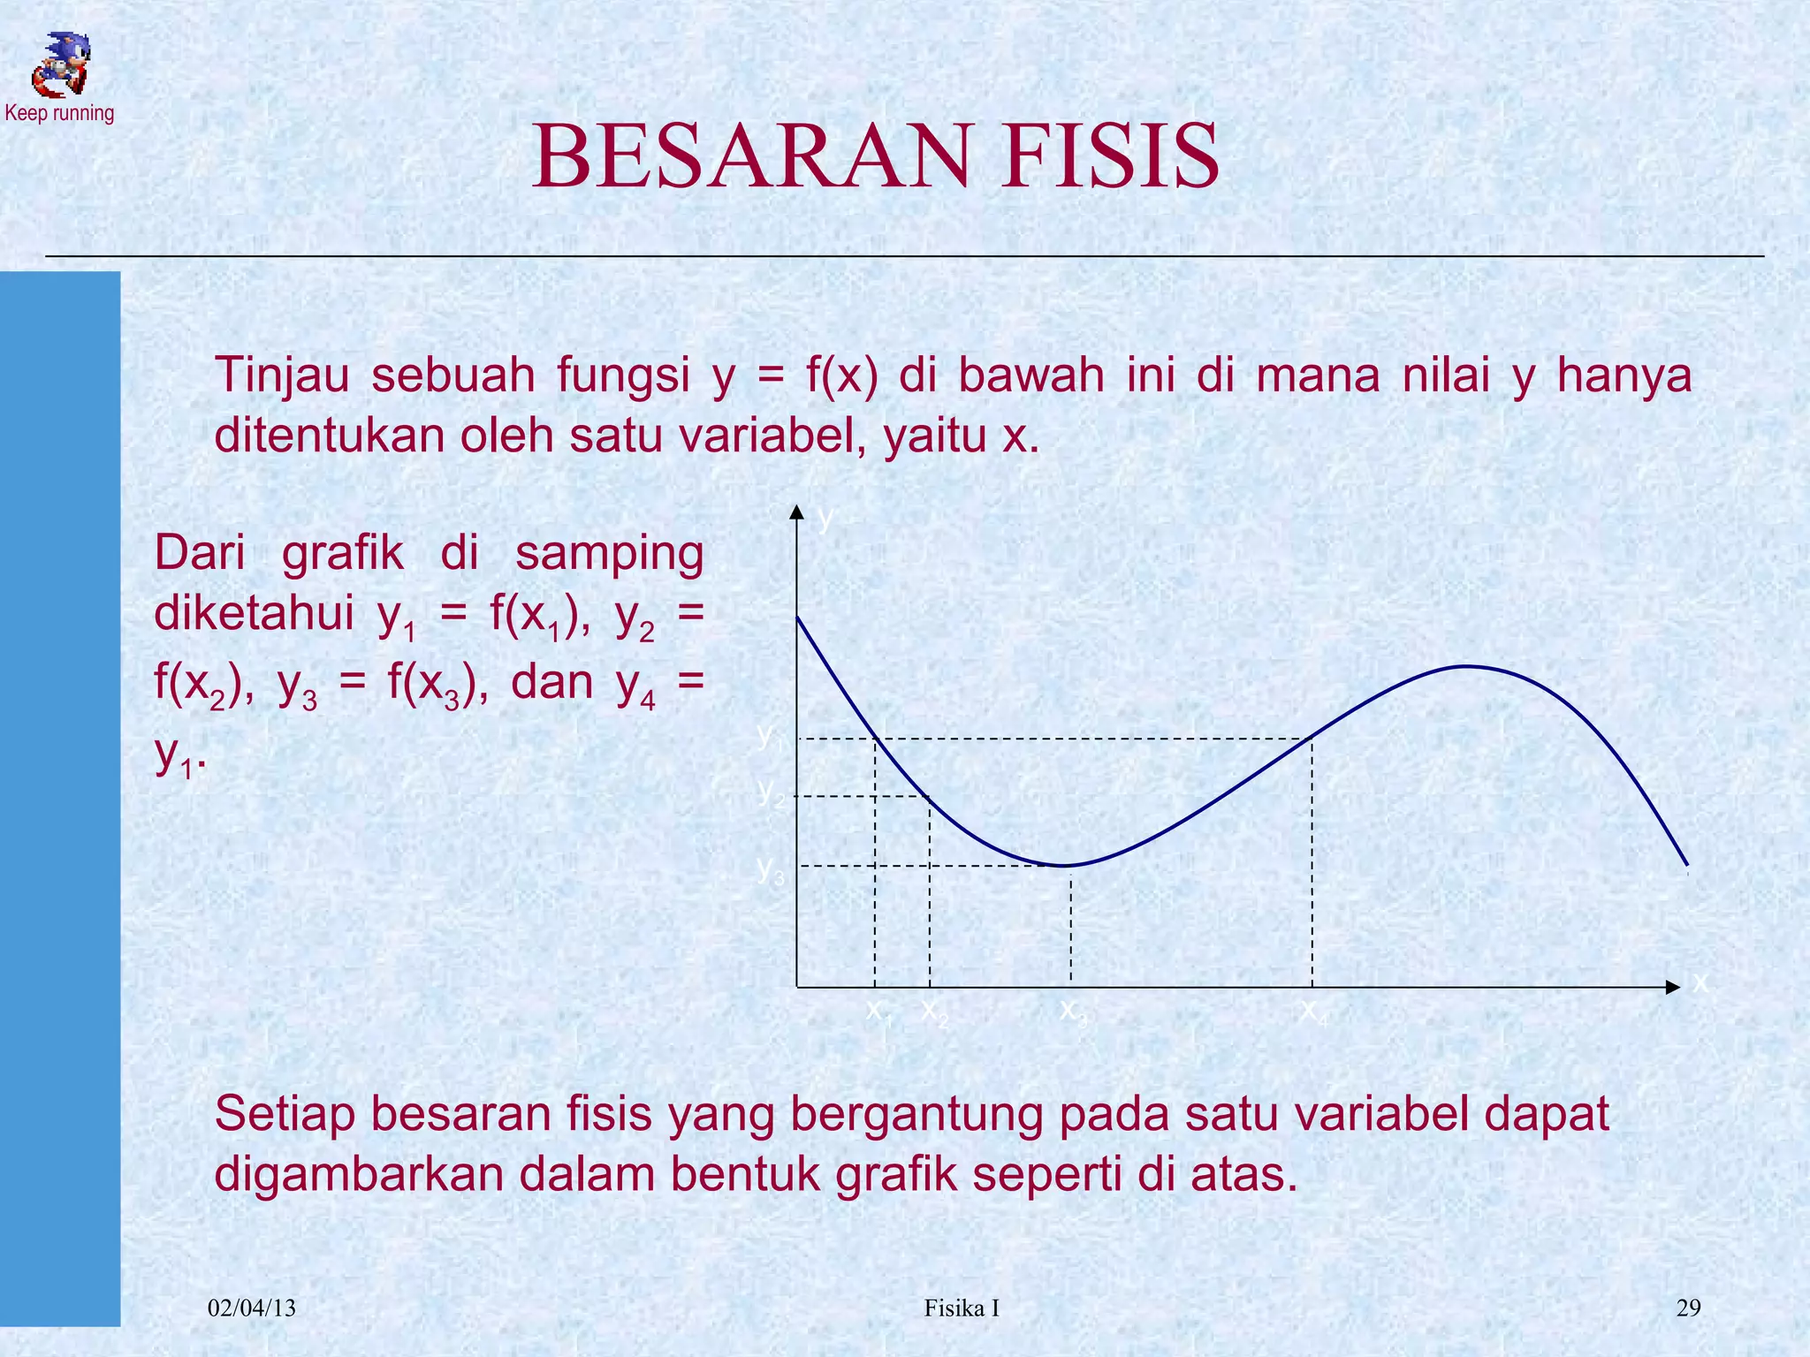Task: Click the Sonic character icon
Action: point(60,64)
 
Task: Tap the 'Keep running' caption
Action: point(59,113)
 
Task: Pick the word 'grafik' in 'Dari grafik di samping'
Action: point(343,555)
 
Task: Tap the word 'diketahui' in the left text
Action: point(254,613)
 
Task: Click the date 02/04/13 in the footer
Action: point(252,1308)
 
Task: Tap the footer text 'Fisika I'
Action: point(962,1308)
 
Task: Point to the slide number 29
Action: point(1688,1308)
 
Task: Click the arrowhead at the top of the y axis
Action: point(797,512)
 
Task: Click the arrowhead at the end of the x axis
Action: point(1672,987)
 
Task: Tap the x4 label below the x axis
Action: point(1313,1011)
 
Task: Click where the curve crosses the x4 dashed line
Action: point(1312,738)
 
